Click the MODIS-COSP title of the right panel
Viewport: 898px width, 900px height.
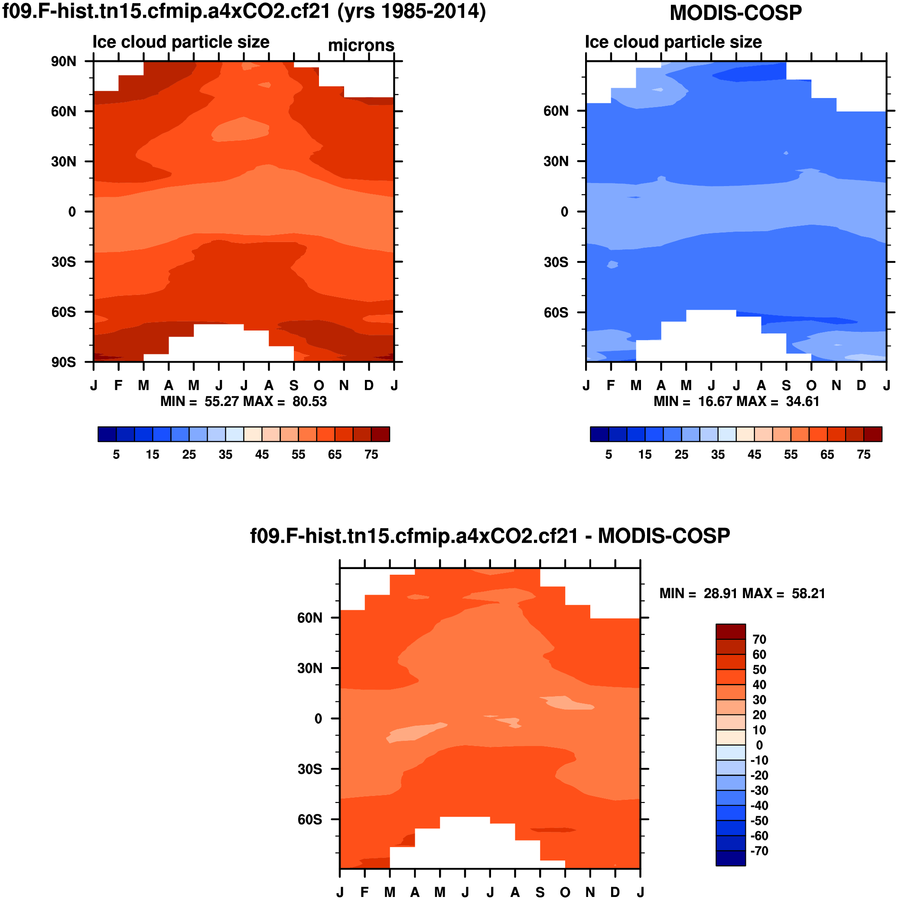(735, 13)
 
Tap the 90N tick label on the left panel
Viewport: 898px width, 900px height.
(64, 62)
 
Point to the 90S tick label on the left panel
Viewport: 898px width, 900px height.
(64, 362)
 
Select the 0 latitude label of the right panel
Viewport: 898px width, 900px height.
(564, 212)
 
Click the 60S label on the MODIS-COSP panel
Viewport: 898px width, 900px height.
(556, 312)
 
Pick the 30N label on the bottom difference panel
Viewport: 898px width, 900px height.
(309, 668)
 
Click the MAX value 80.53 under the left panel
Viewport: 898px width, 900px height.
(309, 402)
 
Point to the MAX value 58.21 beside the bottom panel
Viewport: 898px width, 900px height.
(808, 593)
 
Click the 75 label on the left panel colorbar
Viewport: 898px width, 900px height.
(371, 454)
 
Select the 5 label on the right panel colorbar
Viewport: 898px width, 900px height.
(608, 454)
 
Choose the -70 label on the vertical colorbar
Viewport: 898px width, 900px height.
(759, 851)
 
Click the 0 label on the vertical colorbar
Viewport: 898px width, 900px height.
(759, 745)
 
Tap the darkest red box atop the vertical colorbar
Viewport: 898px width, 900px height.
(730, 631)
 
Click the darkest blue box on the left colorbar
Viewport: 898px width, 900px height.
(107, 434)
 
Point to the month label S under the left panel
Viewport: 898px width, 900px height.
(294, 386)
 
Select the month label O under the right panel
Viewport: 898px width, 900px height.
(811, 386)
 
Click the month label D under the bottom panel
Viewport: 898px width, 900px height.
(615, 892)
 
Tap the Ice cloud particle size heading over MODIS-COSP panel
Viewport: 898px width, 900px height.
(673, 42)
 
